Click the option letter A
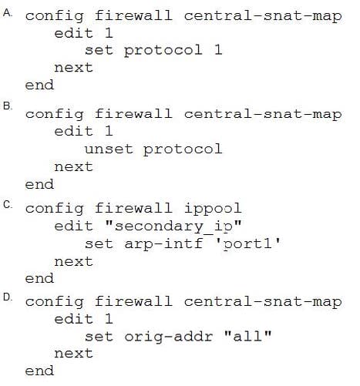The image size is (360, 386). [x=8, y=12]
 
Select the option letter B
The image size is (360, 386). [x=8, y=106]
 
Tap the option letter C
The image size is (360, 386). [x=8, y=205]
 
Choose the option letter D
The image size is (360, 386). [x=8, y=297]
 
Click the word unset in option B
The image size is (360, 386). [x=109, y=149]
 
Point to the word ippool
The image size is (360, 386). [x=213, y=209]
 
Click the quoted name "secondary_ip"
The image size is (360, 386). [x=173, y=227]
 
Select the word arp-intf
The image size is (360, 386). [x=163, y=244]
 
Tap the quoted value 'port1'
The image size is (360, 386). [x=247, y=244]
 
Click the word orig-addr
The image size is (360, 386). [x=169, y=337]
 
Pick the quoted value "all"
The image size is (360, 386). [x=247, y=335]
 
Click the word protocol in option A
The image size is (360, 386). [x=163, y=51]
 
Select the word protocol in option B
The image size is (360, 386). [x=183, y=150]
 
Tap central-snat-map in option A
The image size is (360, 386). [x=263, y=16]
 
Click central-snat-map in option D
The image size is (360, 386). [x=263, y=302]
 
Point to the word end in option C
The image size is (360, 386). [x=39, y=278]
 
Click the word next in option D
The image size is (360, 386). [x=73, y=354]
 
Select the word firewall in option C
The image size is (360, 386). [x=133, y=208]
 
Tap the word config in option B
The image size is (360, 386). [x=54, y=115]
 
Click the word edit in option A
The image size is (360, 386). [x=73, y=33]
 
